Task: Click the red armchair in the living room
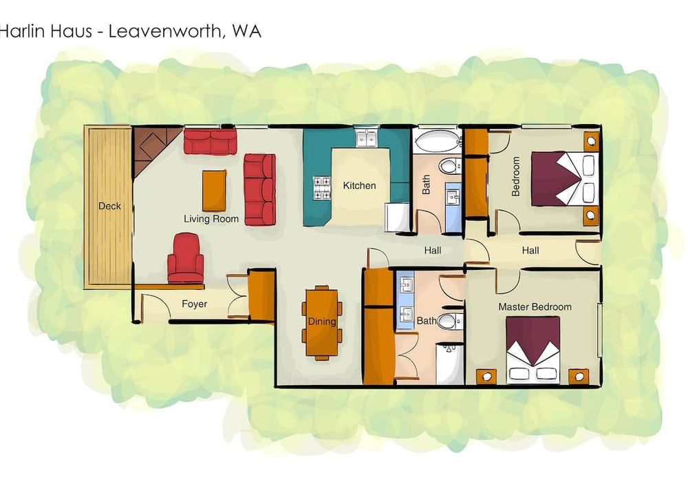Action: pyautogui.click(x=185, y=259)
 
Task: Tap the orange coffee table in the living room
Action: pyautogui.click(x=214, y=191)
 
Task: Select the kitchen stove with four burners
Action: pyautogui.click(x=321, y=188)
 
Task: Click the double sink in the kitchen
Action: pyautogui.click(x=367, y=138)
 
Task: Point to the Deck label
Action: pyautogui.click(x=109, y=206)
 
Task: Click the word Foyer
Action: pyautogui.click(x=195, y=304)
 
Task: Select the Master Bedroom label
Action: pyautogui.click(x=535, y=307)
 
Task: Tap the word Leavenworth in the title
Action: pyautogui.click(x=164, y=32)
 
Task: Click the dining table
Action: pyautogui.click(x=322, y=323)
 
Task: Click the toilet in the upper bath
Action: pyautogui.click(x=451, y=167)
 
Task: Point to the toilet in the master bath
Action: pyautogui.click(x=450, y=322)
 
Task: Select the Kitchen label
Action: pyautogui.click(x=359, y=186)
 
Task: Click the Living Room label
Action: pyautogui.click(x=211, y=218)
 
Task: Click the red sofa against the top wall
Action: pyautogui.click(x=210, y=141)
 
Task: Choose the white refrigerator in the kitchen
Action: pyautogui.click(x=397, y=218)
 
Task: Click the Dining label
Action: pyautogui.click(x=321, y=322)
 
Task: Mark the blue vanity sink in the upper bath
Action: pyautogui.click(x=453, y=207)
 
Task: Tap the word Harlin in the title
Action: pyautogui.click(x=46, y=32)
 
